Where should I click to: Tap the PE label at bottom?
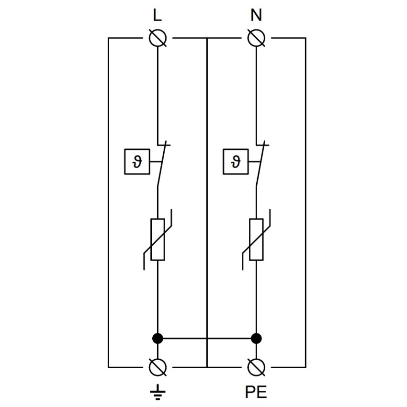[256, 392]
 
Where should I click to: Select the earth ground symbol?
[158, 392]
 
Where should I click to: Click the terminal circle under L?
[158, 38]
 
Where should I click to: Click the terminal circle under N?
[256, 38]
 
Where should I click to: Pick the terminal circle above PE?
[256, 367]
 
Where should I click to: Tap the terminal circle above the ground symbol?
[158, 367]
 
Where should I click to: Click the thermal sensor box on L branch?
[137, 162]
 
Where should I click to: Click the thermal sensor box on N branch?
[236, 162]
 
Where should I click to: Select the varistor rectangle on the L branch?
[158, 239]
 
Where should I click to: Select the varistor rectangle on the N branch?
[256, 239]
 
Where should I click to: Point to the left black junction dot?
[158, 339]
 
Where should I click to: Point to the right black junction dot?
[256, 339]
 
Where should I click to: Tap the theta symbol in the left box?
[137, 161]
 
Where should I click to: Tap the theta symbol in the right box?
[236, 161]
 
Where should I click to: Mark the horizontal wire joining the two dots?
[207, 339]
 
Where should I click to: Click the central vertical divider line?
[207, 203]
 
